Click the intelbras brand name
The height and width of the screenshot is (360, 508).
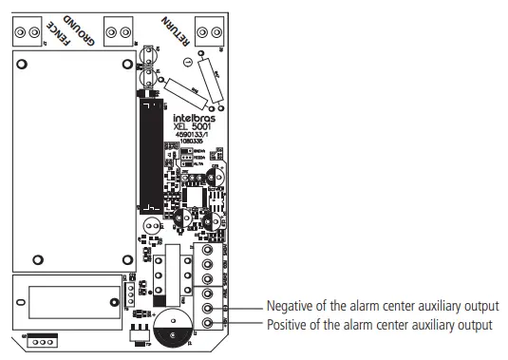click(x=194, y=121)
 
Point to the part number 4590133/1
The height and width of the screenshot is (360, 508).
click(x=194, y=139)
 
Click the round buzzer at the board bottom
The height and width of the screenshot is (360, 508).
click(x=171, y=327)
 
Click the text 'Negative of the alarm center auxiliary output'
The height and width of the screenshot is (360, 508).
click(x=383, y=306)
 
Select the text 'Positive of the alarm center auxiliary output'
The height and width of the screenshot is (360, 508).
click(x=381, y=325)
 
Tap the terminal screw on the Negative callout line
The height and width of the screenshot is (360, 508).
click(x=208, y=308)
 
